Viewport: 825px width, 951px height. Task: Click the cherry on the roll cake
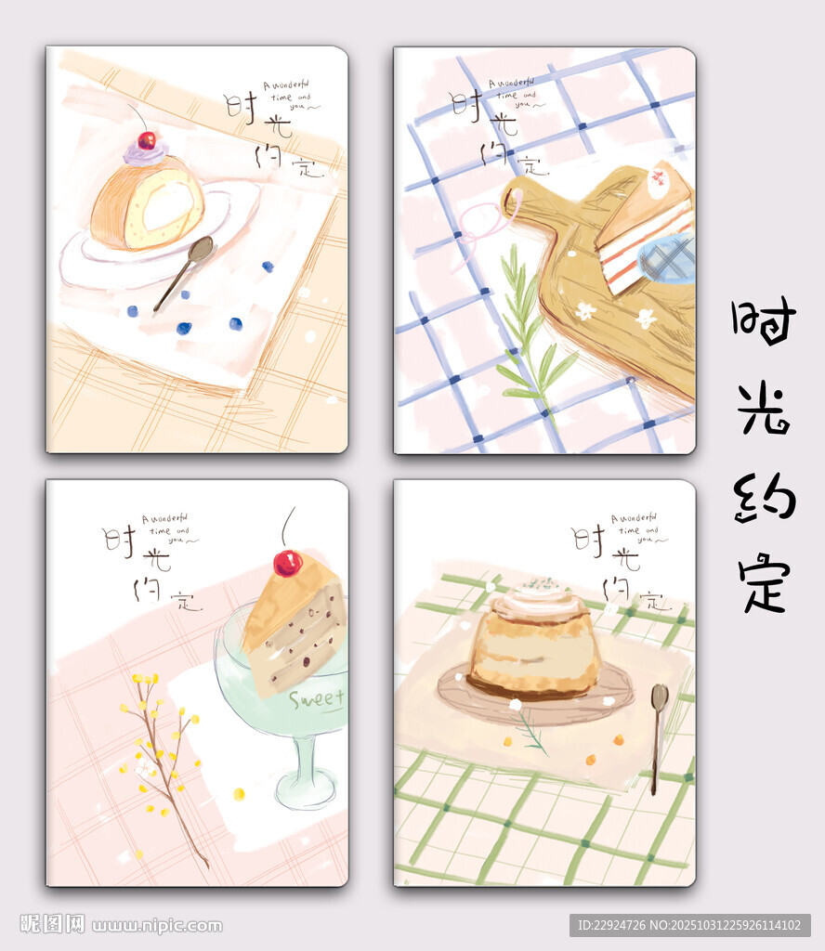(146, 140)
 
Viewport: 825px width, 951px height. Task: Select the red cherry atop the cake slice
(287, 563)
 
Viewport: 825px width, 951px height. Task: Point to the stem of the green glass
(307, 762)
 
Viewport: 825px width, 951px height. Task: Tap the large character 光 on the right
(764, 407)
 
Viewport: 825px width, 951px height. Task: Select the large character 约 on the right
(764, 497)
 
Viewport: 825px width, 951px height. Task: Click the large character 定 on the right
(764, 581)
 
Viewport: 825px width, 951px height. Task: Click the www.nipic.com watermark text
(157, 925)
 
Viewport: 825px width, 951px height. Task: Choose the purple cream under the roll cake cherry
(144, 154)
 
